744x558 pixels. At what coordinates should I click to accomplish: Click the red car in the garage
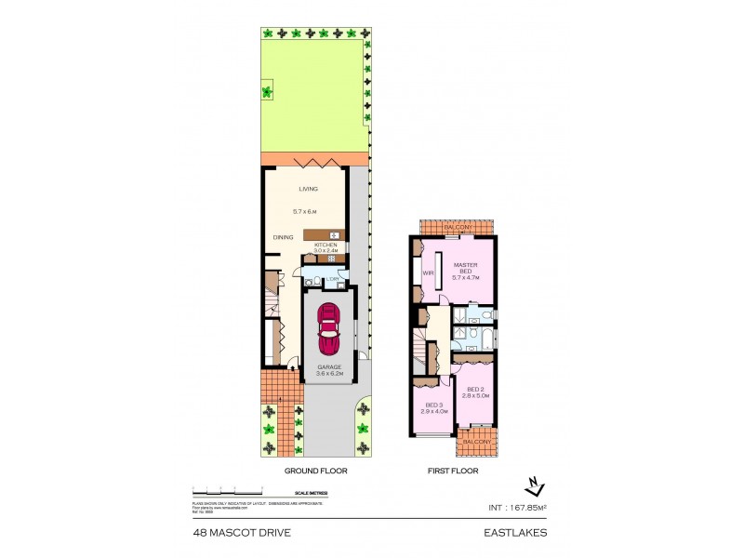pyautogui.click(x=329, y=329)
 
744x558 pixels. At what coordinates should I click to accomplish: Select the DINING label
pyautogui.click(x=283, y=237)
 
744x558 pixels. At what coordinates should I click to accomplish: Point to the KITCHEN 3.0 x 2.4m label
pyautogui.click(x=325, y=247)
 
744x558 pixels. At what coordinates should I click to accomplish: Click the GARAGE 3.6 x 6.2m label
pyautogui.click(x=329, y=370)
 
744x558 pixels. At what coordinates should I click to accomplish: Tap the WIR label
pyautogui.click(x=429, y=273)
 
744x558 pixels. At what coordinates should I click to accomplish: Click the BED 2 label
pyautogui.click(x=475, y=392)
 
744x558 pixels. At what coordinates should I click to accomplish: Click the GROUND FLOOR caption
pyautogui.click(x=315, y=472)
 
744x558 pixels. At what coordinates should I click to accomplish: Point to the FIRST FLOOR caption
pyautogui.click(x=452, y=472)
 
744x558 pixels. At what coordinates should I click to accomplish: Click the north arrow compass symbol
pyautogui.click(x=532, y=485)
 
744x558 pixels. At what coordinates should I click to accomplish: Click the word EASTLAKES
pyautogui.click(x=516, y=533)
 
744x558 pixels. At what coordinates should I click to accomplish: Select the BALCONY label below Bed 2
pyautogui.click(x=476, y=442)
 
